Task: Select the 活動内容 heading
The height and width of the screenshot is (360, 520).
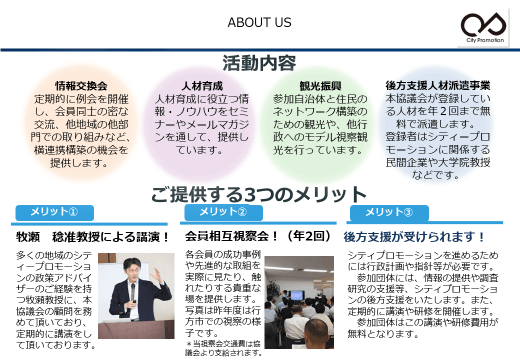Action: [x=259, y=62]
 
